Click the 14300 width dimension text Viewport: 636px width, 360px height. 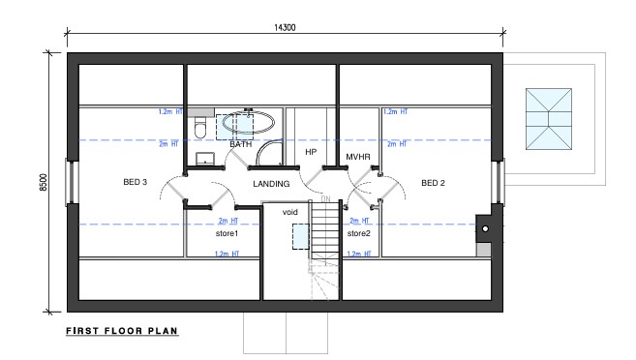[285, 27]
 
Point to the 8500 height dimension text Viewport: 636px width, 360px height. [44, 183]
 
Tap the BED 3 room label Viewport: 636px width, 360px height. [136, 182]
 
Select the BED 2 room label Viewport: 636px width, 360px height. [433, 183]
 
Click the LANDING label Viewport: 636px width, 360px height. [271, 184]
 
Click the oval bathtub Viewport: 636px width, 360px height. [248, 122]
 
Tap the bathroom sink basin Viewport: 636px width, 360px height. [205, 158]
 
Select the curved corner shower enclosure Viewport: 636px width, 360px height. [269, 153]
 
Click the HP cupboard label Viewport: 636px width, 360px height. [311, 152]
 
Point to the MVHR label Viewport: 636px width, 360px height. [358, 157]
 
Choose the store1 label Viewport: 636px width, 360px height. [227, 233]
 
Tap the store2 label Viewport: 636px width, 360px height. [359, 233]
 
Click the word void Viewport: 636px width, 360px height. [290, 212]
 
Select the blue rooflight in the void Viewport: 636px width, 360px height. [301, 236]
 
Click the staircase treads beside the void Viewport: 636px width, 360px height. [325, 230]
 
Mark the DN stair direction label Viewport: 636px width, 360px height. [325, 199]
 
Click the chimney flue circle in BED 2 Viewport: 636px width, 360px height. [485, 229]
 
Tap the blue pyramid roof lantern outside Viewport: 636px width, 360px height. [549, 119]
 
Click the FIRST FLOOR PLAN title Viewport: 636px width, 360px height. [122, 331]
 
